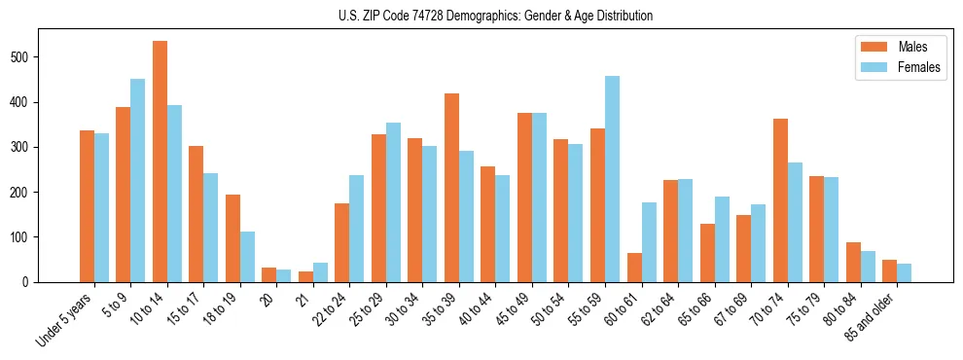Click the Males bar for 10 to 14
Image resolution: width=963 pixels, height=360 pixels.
[160, 162]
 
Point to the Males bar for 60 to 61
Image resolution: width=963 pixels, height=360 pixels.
[634, 268]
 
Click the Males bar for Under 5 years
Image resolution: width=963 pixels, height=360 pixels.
[87, 206]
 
